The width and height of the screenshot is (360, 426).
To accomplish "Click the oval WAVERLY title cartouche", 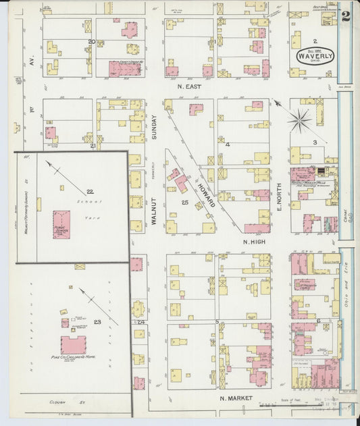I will click(314, 56).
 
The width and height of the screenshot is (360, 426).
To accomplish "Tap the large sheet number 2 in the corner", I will click(346, 16).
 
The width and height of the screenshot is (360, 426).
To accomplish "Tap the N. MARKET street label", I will click(236, 398).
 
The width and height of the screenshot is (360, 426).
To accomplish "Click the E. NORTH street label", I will click(278, 189).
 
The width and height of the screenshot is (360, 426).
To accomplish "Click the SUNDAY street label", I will click(154, 126).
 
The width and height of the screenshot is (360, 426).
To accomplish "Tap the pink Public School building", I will click(61, 225).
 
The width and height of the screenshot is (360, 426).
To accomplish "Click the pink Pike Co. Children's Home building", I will click(73, 344).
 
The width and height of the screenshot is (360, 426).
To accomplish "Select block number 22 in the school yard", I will click(90, 192).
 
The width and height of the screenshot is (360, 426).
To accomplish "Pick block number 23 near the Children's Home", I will click(98, 321).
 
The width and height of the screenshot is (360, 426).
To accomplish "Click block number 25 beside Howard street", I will click(184, 202).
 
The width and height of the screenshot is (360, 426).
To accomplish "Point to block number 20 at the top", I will click(91, 42).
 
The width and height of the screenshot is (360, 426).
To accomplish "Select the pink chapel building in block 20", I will click(124, 68).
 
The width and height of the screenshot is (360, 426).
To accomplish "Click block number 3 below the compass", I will click(315, 142).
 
